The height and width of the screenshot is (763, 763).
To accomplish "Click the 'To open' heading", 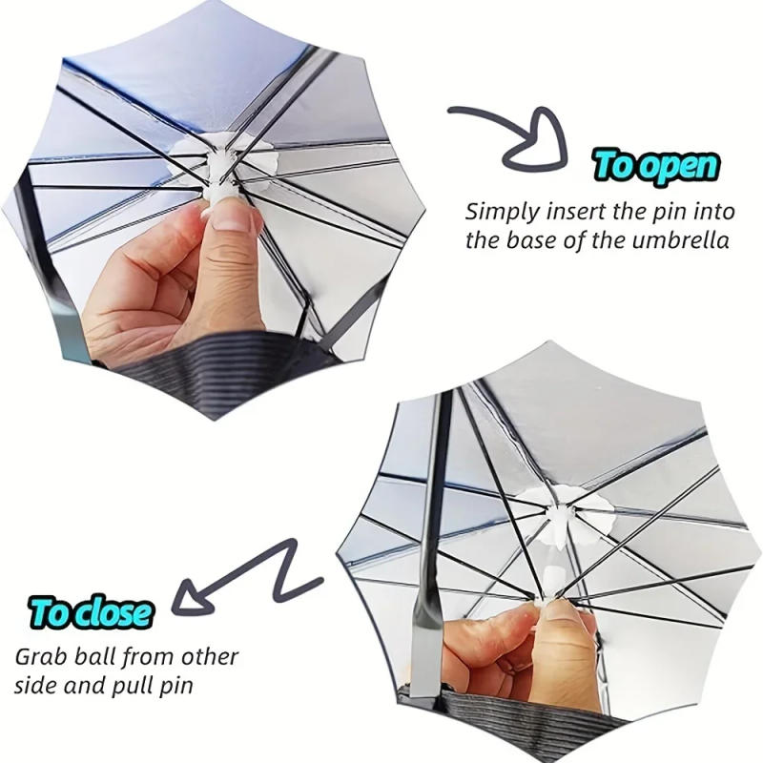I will point(655,164).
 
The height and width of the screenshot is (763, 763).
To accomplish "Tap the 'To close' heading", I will point(91,611).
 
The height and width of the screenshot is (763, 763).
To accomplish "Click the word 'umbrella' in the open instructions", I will point(681,239).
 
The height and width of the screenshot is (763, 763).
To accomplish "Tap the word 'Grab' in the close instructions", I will point(39,658).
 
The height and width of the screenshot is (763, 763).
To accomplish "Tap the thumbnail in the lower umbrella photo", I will point(565,627).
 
